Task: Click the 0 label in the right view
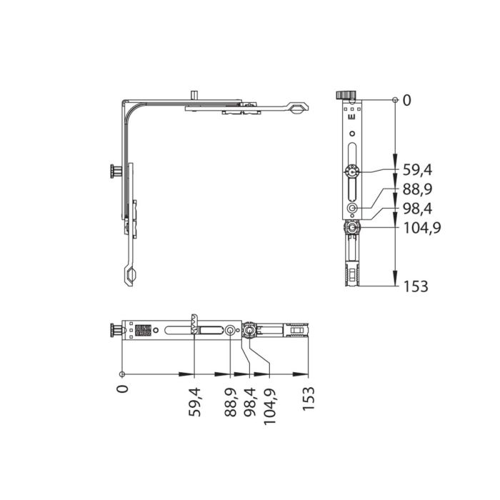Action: click(x=407, y=101)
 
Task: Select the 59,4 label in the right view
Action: click(x=417, y=170)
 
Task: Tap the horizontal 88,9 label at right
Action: click(x=417, y=189)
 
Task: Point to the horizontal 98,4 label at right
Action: click(x=417, y=209)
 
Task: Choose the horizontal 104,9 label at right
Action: click(x=422, y=228)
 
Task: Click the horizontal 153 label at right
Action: click(x=416, y=286)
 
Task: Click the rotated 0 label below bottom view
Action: click(x=123, y=389)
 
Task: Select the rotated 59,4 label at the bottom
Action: click(x=195, y=401)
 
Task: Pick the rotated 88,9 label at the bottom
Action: click(x=230, y=401)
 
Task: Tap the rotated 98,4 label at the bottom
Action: click(x=249, y=401)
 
